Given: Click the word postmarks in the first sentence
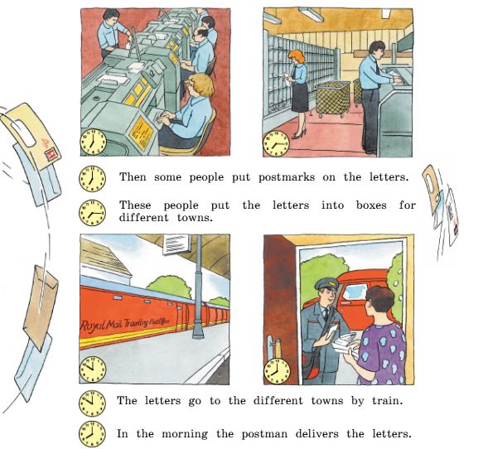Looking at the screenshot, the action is tap(287, 177).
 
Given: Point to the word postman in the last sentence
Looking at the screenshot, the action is tap(264, 434).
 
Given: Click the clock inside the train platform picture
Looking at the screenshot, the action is tap(92, 369).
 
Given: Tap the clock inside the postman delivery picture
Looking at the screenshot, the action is tap(277, 371).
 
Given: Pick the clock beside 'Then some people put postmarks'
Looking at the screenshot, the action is tap(92, 179).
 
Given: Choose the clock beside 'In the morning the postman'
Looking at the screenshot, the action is tap(92, 435).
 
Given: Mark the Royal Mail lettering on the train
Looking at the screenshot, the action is tap(125, 324).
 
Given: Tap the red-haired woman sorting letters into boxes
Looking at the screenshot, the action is tap(298, 94).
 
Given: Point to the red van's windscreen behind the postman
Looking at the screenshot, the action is tap(355, 292).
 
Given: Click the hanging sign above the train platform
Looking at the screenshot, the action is tap(176, 244).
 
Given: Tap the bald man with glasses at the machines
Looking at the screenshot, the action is tap(201, 51).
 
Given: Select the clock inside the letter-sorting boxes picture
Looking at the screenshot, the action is tap(276, 143).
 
